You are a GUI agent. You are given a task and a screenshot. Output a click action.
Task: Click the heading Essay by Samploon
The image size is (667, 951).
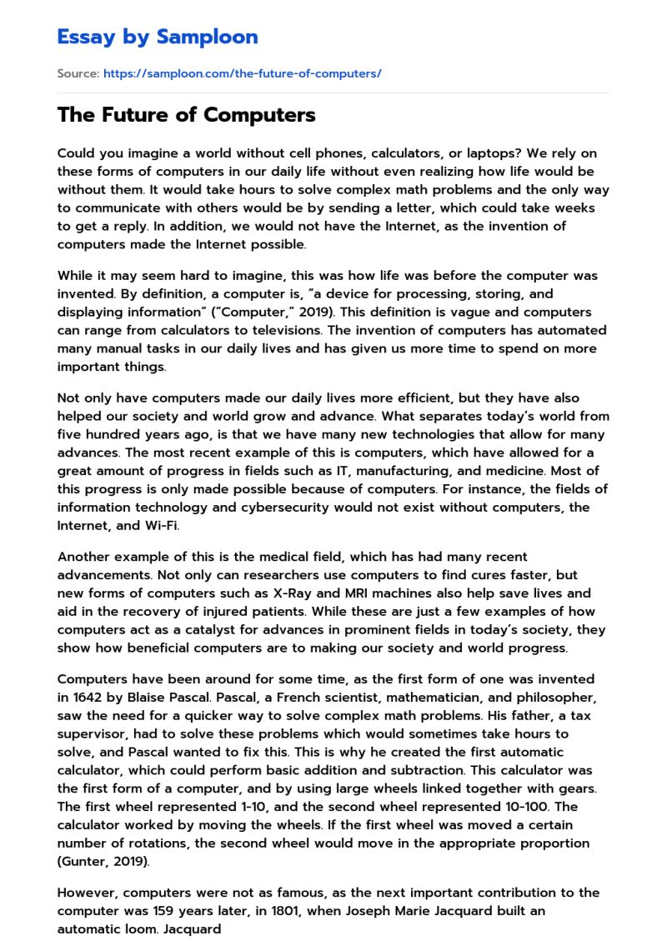point(158,37)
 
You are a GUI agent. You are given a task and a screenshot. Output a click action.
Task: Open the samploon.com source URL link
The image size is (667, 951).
point(242,73)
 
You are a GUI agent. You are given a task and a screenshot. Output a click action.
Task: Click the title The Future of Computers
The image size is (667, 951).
point(186,115)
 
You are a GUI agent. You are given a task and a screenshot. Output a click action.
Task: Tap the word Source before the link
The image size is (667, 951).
point(77,73)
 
